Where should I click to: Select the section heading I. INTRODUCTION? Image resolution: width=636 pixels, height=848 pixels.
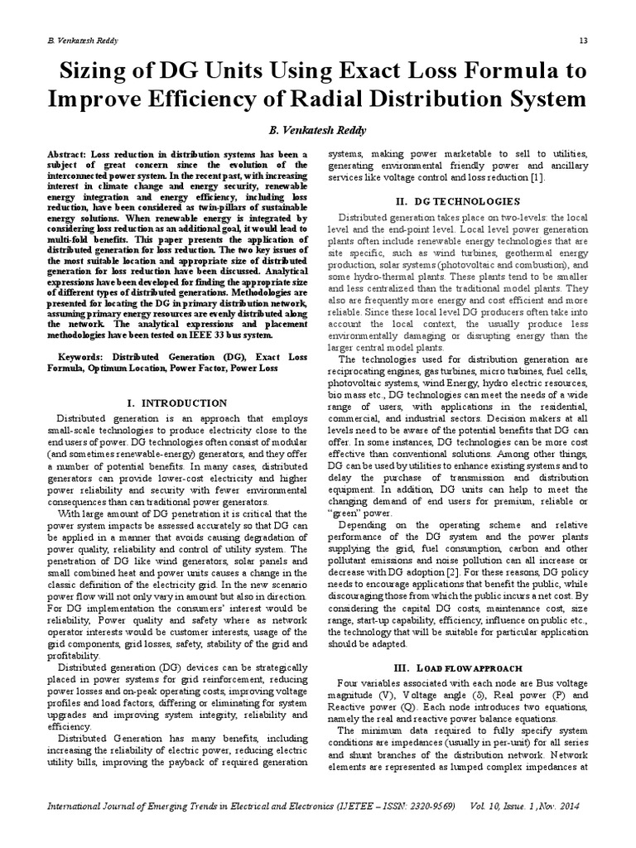coord(180,403)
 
